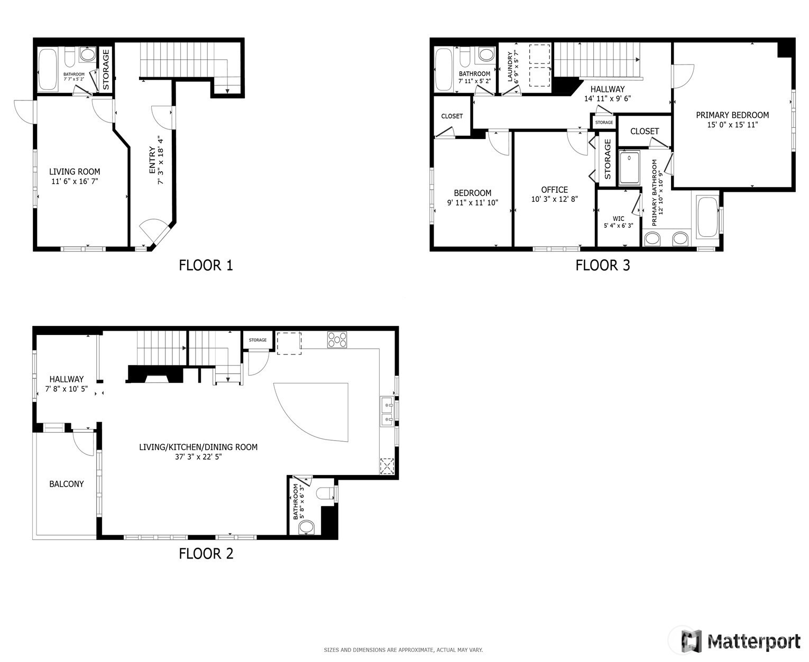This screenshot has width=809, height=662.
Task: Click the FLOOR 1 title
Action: (206, 265)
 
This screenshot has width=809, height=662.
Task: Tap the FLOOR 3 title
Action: (602, 265)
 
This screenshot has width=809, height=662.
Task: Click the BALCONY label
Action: (67, 484)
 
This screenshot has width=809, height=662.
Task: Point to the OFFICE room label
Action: (554, 190)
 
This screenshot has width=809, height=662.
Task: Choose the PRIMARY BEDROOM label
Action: (732, 115)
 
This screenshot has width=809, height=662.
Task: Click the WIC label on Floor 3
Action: (618, 219)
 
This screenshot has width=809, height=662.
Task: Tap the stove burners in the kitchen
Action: (337, 340)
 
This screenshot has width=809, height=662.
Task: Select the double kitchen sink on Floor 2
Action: (387, 412)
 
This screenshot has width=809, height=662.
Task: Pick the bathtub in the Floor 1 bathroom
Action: (48, 69)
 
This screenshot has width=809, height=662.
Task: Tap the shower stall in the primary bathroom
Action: (629, 168)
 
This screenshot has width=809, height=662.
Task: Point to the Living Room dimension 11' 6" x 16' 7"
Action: (75, 181)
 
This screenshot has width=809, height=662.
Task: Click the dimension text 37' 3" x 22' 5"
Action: (198, 456)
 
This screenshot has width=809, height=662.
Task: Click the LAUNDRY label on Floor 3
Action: (510, 67)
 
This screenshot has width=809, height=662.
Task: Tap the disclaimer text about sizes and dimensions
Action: (403, 650)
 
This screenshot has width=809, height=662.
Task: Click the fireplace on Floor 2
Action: (155, 374)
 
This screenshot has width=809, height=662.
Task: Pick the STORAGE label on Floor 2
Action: (258, 340)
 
